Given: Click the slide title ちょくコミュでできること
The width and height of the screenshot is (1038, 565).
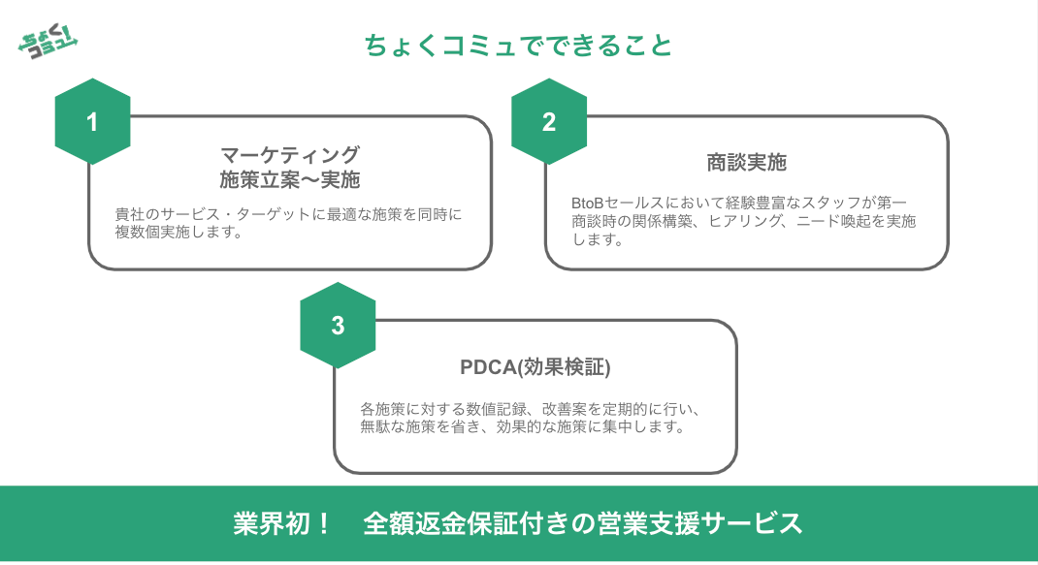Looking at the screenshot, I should tap(518, 46).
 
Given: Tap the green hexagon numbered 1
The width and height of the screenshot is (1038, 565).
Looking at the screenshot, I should tap(92, 122).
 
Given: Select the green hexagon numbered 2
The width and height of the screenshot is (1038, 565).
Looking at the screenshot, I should tap(549, 122).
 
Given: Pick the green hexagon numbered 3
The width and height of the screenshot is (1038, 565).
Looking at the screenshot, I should tap(338, 326).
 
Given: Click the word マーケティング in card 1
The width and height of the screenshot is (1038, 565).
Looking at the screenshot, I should tap(290, 155).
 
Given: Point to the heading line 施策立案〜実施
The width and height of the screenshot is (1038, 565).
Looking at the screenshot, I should tap(290, 179).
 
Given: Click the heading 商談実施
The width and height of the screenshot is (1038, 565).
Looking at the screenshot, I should tap(746, 163).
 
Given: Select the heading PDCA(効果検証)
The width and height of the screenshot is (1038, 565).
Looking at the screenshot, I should tap(535, 367).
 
